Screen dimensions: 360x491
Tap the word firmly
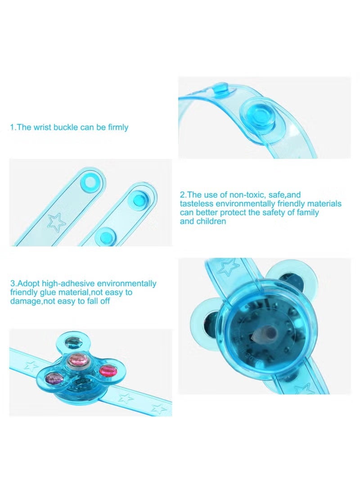tap(118, 128)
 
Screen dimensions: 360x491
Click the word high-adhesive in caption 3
tap(68, 284)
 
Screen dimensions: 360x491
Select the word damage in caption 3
tap(25, 301)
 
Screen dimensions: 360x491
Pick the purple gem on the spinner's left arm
tap(52, 378)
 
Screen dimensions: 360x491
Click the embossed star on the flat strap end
tap(57, 223)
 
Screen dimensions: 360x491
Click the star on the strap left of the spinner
tap(31, 366)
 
